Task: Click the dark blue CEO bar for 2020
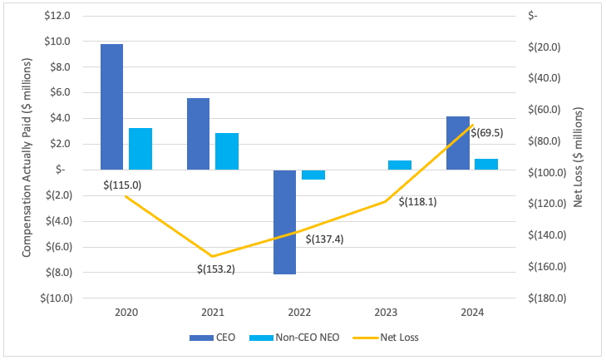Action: (x=111, y=106)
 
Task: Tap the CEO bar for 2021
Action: (x=198, y=134)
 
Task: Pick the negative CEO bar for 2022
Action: (x=284, y=222)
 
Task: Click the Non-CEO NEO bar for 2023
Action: (x=400, y=165)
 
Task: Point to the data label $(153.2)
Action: (x=216, y=269)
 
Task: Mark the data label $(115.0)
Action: (x=122, y=185)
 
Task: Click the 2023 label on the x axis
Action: (x=387, y=313)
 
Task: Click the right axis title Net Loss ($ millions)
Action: (x=579, y=158)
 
